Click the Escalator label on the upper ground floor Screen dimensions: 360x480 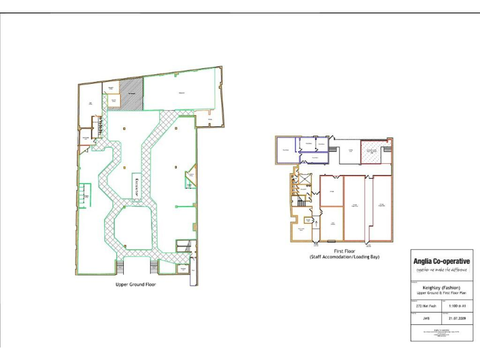click(136, 187)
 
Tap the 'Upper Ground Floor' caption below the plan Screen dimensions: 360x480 click(136, 284)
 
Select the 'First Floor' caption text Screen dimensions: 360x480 click(344, 250)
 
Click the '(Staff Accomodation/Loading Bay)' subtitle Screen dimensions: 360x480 click(344, 257)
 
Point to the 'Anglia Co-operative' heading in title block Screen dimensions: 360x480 click(441, 261)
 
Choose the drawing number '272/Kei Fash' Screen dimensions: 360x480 click(426, 306)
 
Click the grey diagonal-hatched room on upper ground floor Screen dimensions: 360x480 click(131, 94)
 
